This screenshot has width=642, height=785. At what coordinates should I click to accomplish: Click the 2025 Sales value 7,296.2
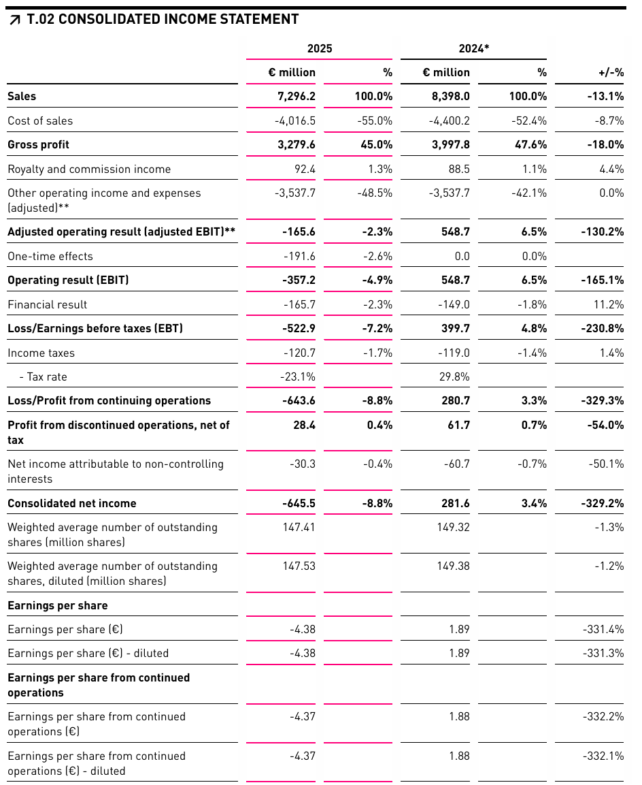[x=292, y=97]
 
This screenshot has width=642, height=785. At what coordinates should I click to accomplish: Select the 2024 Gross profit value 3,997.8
[x=446, y=145]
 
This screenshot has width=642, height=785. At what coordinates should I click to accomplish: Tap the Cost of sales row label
[x=40, y=121]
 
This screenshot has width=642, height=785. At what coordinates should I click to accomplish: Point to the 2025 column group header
[x=320, y=49]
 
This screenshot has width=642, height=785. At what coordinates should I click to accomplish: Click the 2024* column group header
[x=473, y=49]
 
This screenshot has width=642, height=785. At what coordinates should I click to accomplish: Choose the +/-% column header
[x=610, y=73]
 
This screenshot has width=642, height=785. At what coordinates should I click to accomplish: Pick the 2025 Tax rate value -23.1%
[x=298, y=377]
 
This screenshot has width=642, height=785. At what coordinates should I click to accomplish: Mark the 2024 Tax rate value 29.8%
[x=454, y=377]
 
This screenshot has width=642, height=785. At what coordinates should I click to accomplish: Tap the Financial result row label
[x=48, y=305]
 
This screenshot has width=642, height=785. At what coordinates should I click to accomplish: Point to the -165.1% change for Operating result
[x=603, y=281]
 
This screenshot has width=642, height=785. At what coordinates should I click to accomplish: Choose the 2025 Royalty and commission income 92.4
[x=303, y=170]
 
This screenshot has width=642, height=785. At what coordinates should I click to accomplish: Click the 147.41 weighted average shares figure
[x=299, y=528]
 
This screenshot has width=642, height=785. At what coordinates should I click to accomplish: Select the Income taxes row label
[x=41, y=353]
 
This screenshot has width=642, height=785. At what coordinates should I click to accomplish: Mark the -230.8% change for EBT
[x=603, y=329]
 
